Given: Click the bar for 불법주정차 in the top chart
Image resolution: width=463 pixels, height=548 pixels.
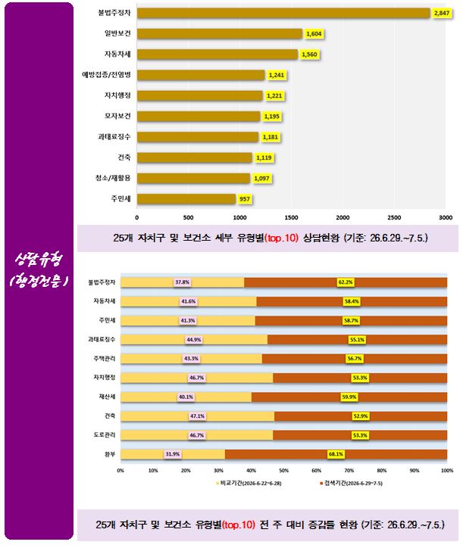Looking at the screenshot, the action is [x=283, y=14].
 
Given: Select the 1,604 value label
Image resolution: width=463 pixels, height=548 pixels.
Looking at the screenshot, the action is [x=314, y=34].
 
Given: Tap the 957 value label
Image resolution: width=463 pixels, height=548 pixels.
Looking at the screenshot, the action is [x=244, y=199].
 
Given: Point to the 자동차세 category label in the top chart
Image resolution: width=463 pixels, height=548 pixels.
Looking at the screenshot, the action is [x=117, y=54].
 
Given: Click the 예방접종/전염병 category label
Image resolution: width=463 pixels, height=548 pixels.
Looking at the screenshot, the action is [x=106, y=75].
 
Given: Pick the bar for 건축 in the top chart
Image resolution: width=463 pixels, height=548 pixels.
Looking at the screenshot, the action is [x=194, y=157].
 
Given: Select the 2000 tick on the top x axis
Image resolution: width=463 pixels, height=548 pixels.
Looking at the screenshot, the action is [x=343, y=217].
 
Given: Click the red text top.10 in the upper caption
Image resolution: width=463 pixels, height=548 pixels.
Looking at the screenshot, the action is [x=281, y=238].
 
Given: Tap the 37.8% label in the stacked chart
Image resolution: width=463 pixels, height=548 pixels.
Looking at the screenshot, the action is [x=182, y=282].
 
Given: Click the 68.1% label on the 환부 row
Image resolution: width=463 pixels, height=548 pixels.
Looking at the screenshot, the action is [x=336, y=454].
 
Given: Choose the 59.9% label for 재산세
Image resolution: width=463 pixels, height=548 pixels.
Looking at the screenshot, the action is [x=349, y=397].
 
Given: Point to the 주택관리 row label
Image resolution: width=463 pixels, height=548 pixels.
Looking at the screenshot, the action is [x=105, y=359].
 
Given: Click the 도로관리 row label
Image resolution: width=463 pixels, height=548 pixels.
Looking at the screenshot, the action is [x=105, y=435].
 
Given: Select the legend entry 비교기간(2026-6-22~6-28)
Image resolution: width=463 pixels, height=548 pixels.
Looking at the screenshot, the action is [x=249, y=484].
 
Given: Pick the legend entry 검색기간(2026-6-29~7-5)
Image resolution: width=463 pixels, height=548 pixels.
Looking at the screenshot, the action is [x=351, y=484].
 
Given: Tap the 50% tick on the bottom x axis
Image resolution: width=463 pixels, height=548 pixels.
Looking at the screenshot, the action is [x=284, y=470].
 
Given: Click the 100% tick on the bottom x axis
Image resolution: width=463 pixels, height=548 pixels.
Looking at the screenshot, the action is [x=447, y=470].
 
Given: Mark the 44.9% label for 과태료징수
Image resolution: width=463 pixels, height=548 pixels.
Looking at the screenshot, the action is [x=193, y=339].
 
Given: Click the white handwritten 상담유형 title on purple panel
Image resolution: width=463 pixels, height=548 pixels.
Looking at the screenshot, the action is [x=39, y=260].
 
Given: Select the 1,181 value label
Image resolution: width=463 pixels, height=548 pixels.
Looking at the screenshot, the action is [x=271, y=137].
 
